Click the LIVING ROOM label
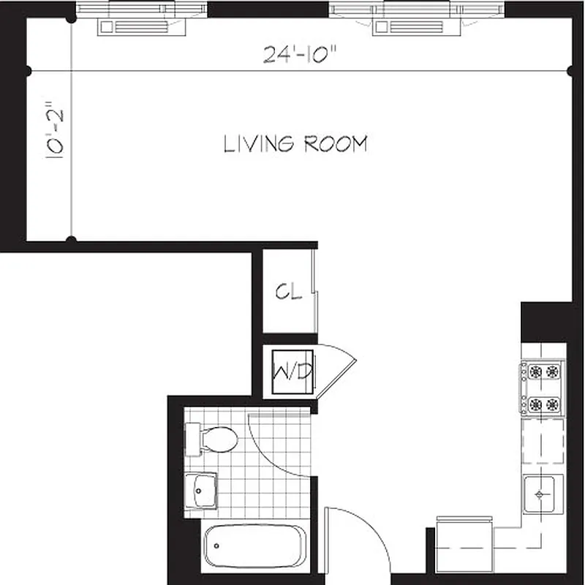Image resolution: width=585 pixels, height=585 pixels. [295, 144]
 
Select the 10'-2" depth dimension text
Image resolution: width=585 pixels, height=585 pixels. [57, 130]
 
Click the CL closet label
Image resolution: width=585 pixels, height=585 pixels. [288, 292]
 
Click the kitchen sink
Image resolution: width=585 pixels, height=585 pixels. [542, 494]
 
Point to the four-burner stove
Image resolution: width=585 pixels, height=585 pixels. [542, 388]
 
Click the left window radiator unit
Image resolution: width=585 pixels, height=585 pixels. [143, 27]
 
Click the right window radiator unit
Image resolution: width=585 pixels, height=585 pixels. [417, 27]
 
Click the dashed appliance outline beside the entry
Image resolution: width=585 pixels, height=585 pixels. [464, 545]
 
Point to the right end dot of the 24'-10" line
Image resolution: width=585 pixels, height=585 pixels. [571, 71]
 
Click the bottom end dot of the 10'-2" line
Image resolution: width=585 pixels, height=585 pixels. [71, 239]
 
